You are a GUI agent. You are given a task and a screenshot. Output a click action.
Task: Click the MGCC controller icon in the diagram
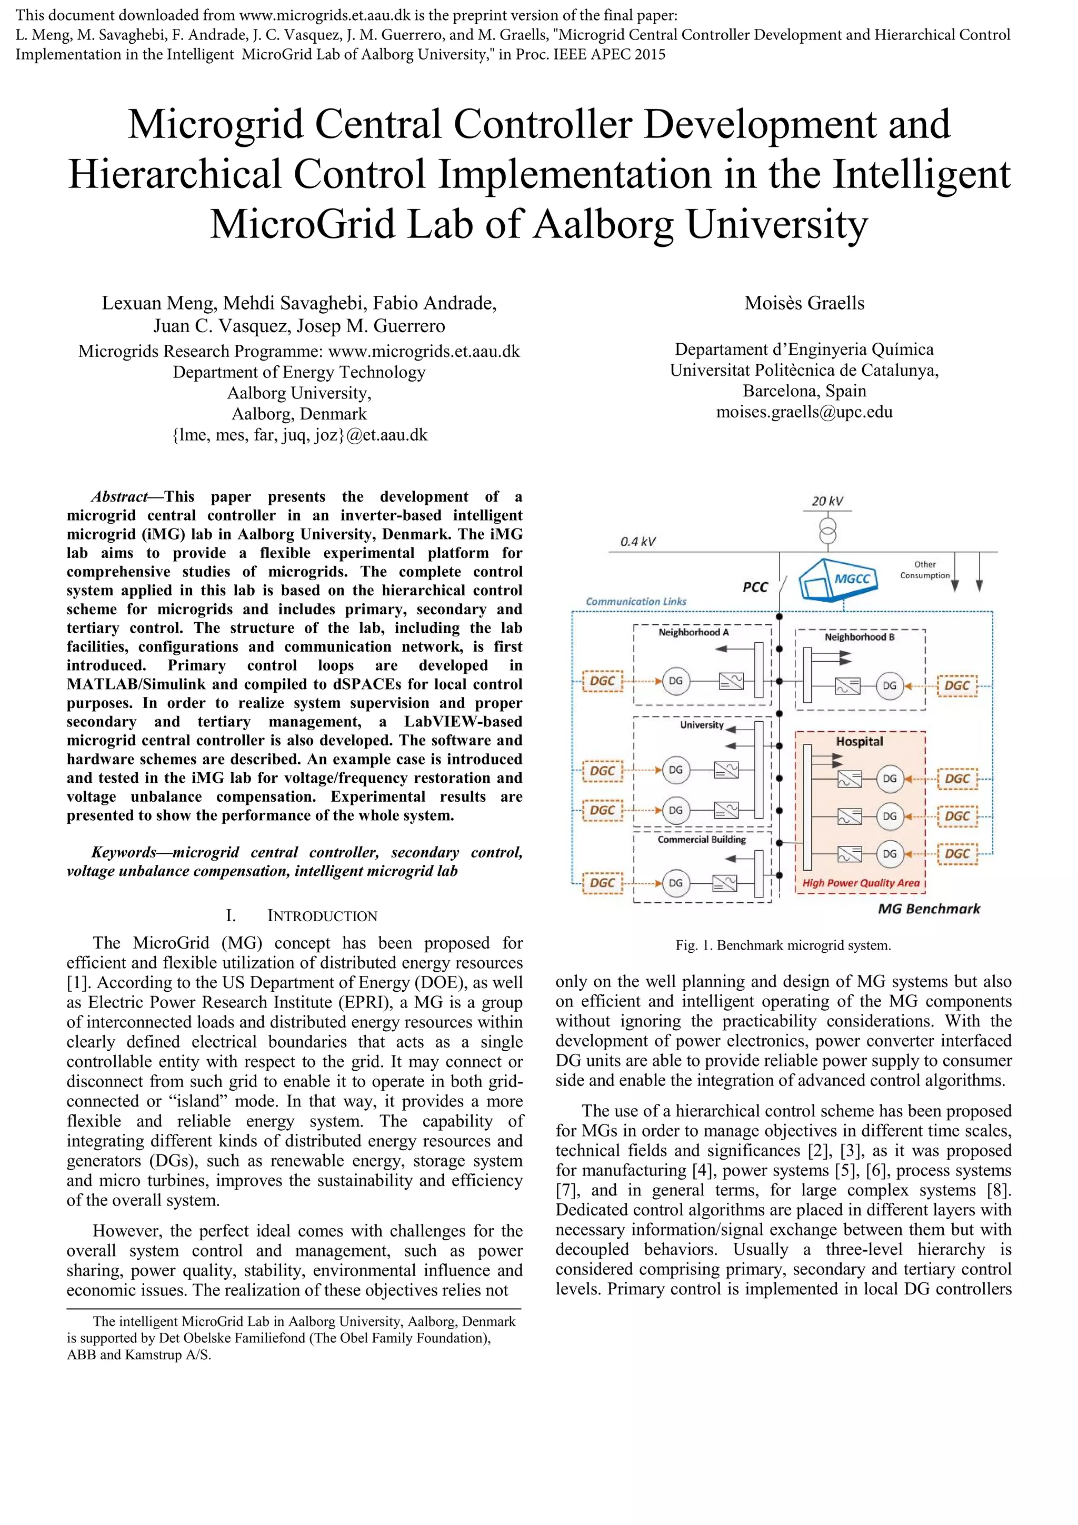pyautogui.click(x=837, y=579)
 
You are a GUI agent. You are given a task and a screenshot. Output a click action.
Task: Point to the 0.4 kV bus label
pyautogui.click(x=637, y=541)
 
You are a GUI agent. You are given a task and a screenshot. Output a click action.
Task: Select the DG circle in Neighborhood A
pyautogui.click(x=675, y=681)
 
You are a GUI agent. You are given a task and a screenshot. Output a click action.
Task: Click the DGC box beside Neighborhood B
pyautogui.click(x=957, y=685)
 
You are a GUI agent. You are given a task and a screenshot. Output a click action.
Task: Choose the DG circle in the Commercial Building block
pyautogui.click(x=675, y=883)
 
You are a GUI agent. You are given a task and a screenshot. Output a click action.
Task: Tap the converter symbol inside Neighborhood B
pyautogui.click(x=848, y=685)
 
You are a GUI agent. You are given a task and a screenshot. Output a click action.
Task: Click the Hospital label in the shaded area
pyautogui.click(x=859, y=741)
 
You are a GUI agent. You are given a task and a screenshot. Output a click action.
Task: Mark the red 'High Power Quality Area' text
pyautogui.click(x=861, y=883)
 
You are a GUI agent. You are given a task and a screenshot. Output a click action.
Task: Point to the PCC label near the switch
pyautogui.click(x=755, y=587)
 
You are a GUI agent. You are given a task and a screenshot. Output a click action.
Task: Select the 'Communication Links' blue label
pyautogui.click(x=636, y=602)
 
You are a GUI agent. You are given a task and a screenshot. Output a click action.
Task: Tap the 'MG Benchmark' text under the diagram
pyautogui.click(x=929, y=909)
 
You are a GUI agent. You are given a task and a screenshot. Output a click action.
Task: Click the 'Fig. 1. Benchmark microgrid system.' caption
pyautogui.click(x=783, y=945)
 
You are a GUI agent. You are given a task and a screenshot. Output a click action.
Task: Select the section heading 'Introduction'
pyautogui.click(x=322, y=916)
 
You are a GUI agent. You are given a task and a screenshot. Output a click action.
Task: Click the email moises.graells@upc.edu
pyautogui.click(x=804, y=412)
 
